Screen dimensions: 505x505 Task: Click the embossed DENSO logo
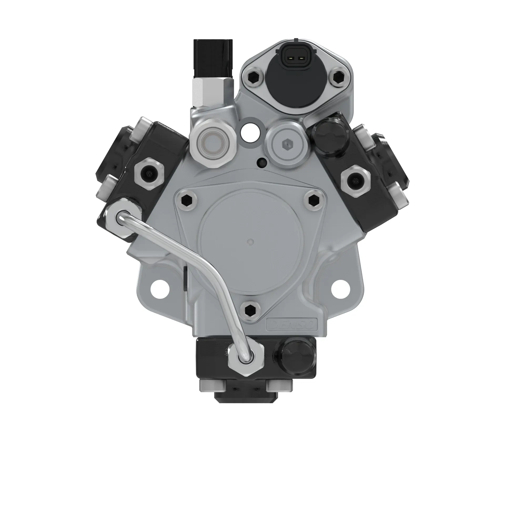[x=292, y=325]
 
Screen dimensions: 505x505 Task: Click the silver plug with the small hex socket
[x=286, y=144]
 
